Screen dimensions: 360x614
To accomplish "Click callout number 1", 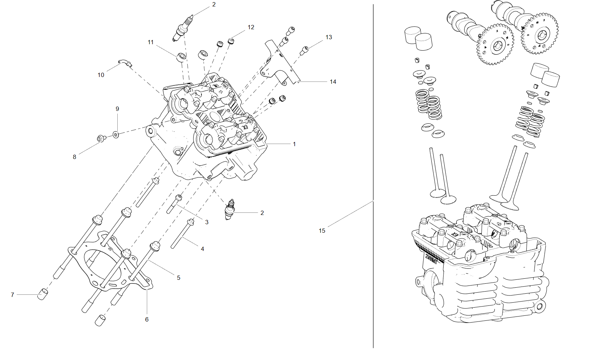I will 294,144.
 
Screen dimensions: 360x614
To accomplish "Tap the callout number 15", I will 322,231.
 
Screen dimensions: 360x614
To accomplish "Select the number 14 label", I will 333,82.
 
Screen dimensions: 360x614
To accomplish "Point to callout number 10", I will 101,75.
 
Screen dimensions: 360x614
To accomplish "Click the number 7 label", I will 12,295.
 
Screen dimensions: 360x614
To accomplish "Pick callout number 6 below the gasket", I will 147,319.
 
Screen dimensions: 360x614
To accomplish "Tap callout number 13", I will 328,37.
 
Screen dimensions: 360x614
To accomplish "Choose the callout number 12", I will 251,27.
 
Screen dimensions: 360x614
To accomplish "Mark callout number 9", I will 117,109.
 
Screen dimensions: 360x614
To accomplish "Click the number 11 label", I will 150,42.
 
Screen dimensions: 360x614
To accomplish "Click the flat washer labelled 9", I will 116,135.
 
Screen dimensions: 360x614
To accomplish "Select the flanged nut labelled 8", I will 101,138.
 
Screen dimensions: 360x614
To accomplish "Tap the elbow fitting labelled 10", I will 125,63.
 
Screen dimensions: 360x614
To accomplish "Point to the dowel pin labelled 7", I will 43,294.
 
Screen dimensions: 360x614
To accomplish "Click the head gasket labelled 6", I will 111,264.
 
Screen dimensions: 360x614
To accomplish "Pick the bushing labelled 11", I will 181,57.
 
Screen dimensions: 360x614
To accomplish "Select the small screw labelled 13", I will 304,51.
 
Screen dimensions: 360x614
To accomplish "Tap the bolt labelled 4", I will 182,233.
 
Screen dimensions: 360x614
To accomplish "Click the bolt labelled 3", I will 174,204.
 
